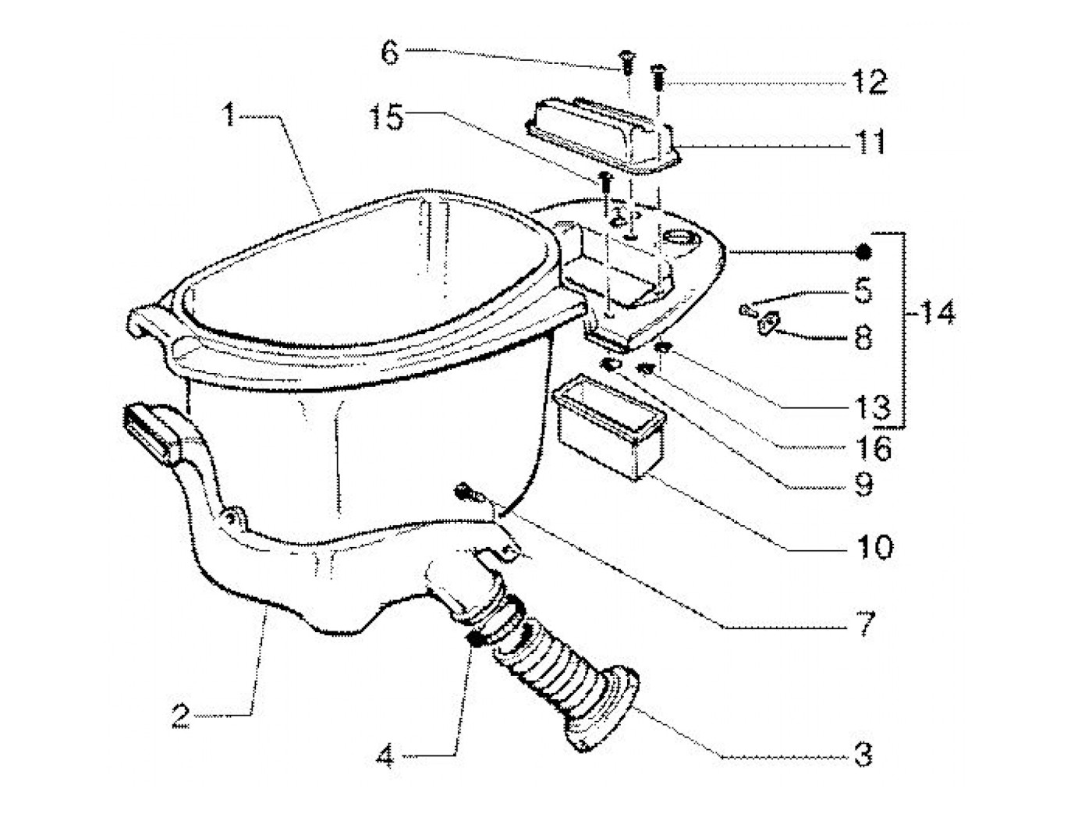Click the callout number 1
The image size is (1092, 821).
point(229,116)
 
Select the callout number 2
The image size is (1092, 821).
point(181,717)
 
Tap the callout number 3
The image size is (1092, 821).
point(863,755)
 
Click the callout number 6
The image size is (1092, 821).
point(390,53)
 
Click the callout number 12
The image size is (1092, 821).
point(870,82)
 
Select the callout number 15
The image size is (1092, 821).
point(387,119)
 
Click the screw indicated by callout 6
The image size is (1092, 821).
point(626,62)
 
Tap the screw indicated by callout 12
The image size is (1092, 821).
point(658,77)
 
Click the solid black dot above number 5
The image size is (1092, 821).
point(863,252)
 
